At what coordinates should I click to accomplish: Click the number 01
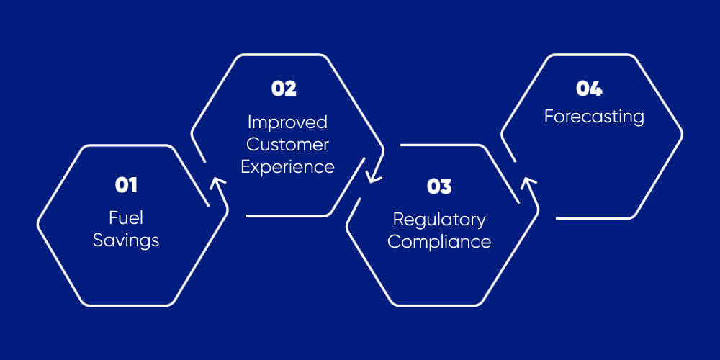[x=126, y=185]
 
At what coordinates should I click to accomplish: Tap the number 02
[x=284, y=89]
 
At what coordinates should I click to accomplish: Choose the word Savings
[x=126, y=240]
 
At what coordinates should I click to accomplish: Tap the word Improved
[x=287, y=122]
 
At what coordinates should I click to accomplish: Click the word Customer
[x=287, y=144]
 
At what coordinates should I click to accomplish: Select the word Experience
[x=287, y=167]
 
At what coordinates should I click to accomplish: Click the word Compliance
[x=439, y=241]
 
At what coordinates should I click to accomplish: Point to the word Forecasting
[x=594, y=116]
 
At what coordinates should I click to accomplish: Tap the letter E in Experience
[x=245, y=166]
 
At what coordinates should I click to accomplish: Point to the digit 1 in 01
[x=132, y=185]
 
